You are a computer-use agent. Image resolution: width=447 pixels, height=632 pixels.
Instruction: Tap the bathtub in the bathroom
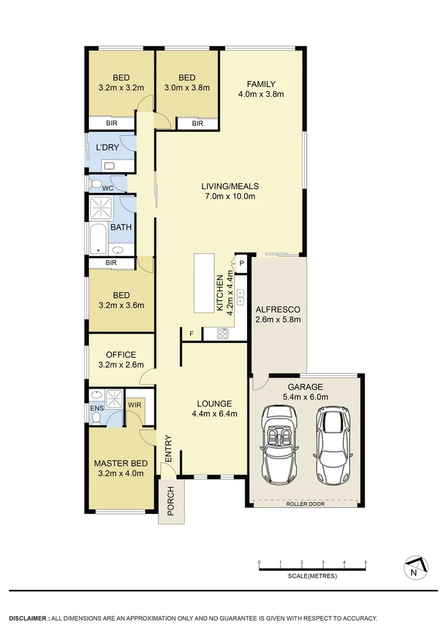pos(98,238)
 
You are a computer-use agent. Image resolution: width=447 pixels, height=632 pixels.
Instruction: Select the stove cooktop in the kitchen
pos(223,335)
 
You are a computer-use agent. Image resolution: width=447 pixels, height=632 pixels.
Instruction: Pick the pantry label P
pos(241,264)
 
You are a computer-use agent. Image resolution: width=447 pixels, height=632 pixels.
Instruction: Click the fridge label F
pos(191,335)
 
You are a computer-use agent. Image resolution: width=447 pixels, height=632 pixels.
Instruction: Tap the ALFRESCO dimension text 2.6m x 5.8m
pos(278,320)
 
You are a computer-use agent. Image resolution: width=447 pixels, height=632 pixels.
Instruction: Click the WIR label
pos(134,404)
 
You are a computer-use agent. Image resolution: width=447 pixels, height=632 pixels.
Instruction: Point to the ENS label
pos(95,404)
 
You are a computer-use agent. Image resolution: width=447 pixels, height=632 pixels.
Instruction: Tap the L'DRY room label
pos(107,147)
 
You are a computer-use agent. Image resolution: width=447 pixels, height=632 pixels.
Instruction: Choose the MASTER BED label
pos(119,464)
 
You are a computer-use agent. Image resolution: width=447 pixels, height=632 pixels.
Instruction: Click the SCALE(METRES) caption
pos(312,576)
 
